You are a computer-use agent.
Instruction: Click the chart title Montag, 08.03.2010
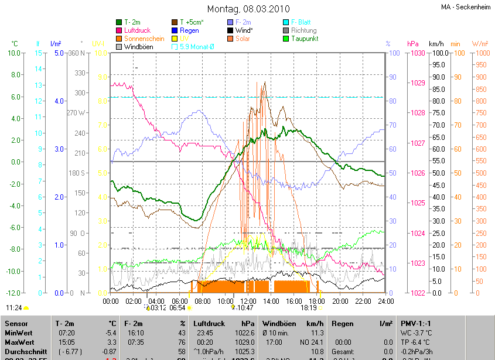coord(247,9)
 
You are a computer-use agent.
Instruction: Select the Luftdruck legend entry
coord(138,30)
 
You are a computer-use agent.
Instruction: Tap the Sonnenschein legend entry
coord(144,39)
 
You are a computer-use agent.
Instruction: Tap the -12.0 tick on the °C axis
coord(13,293)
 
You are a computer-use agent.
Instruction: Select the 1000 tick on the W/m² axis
coord(480,53)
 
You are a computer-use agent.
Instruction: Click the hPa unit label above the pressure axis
coord(413,44)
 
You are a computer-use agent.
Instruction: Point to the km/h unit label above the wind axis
coord(436,44)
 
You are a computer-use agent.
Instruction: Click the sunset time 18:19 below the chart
coord(309,307)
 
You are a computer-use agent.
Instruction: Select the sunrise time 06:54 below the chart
coord(177,307)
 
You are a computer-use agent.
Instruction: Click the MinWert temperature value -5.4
coord(110,332)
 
